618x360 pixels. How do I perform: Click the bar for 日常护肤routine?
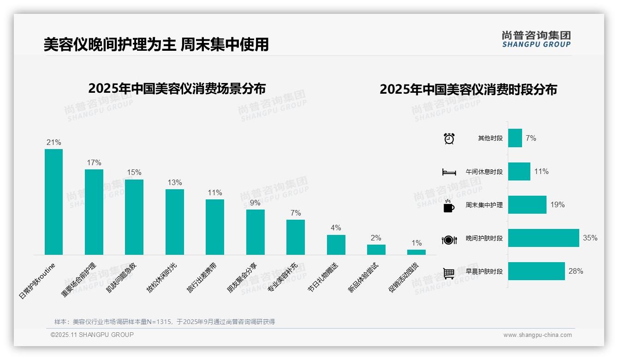click(53, 202)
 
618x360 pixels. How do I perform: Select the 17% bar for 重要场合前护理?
click(94, 212)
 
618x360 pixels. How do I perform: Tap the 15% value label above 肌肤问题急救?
click(134, 173)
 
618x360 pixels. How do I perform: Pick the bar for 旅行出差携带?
click(215, 227)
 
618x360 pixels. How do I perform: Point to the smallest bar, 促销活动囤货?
click(416, 252)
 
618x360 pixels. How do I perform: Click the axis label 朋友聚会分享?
click(243, 277)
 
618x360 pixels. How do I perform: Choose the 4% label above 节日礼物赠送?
click(336, 228)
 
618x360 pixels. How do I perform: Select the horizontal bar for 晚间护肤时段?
click(543, 238)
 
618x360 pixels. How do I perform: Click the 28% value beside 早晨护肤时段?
click(576, 271)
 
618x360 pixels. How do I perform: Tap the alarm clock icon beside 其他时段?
click(449, 138)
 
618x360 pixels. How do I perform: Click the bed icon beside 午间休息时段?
click(449, 172)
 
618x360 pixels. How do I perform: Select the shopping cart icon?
click(449, 273)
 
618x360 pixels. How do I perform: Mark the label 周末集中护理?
click(484, 205)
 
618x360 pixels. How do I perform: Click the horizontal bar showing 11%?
click(519, 171)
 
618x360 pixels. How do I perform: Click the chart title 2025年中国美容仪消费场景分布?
click(177, 89)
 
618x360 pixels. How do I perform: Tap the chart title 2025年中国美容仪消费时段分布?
click(468, 90)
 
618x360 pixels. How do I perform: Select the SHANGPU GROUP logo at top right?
click(536, 39)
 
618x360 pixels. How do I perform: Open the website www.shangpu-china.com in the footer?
click(537, 335)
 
